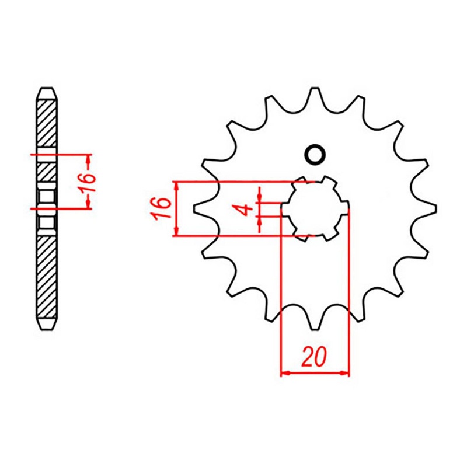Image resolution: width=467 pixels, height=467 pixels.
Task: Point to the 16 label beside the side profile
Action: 87,182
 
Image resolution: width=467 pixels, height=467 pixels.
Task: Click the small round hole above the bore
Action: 315,155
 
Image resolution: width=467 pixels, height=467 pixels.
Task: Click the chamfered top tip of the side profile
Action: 47,92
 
